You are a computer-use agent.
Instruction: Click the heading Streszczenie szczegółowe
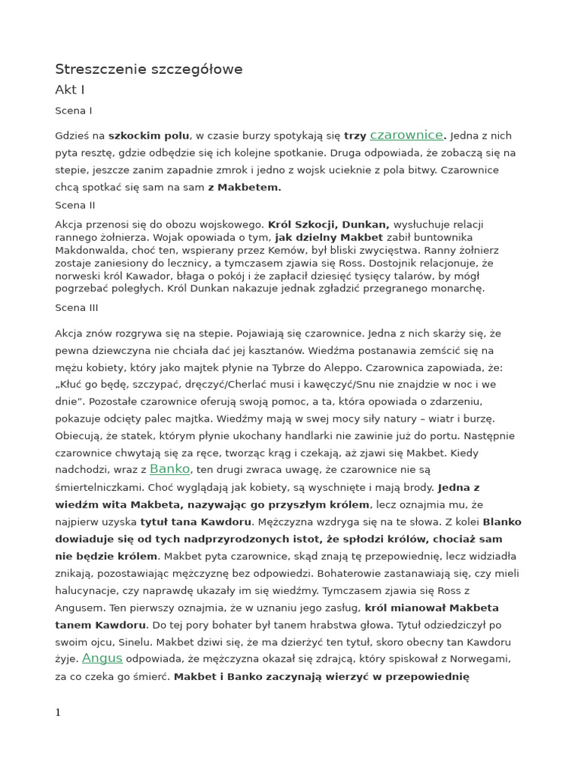pyautogui.click(x=148, y=69)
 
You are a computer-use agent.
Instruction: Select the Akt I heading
pyautogui.click(x=69, y=90)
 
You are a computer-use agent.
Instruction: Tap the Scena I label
pyautogui.click(x=74, y=111)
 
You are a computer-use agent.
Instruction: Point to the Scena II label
pyautogui.click(x=75, y=205)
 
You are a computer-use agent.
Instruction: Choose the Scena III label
pyautogui.click(x=76, y=307)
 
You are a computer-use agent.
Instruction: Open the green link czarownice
pyautogui.click(x=406, y=135)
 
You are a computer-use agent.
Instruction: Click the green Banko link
pyautogui.click(x=170, y=468)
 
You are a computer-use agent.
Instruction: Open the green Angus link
pyautogui.click(x=102, y=658)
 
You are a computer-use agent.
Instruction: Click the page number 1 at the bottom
pyautogui.click(x=58, y=712)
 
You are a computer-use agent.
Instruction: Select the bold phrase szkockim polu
pyautogui.click(x=149, y=136)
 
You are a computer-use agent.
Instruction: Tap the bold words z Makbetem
pyautogui.click(x=245, y=187)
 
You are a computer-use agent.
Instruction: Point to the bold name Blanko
pyautogui.click(x=501, y=522)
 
